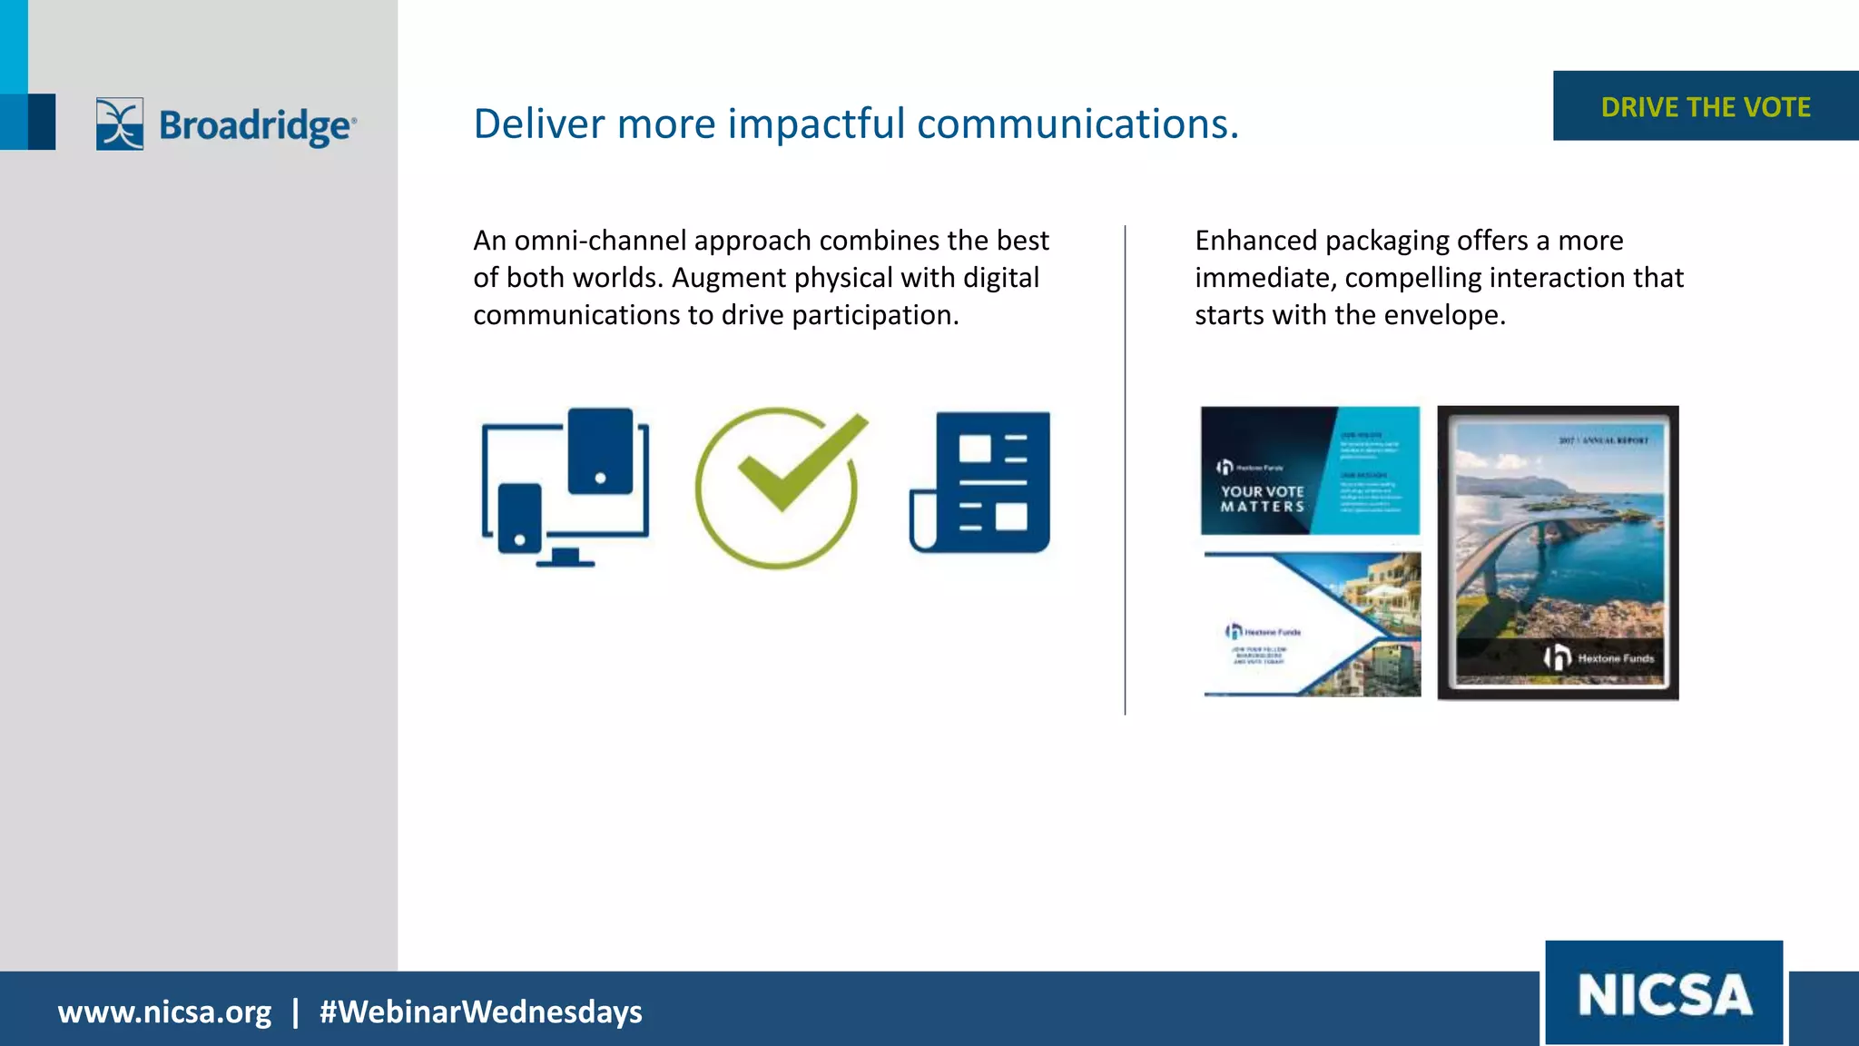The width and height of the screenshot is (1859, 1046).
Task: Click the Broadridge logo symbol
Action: (x=120, y=123)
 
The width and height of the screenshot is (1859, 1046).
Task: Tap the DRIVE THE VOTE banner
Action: (x=1705, y=107)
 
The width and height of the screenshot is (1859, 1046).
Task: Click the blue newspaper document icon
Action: (x=980, y=482)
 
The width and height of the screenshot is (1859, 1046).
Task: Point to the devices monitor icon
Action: (x=565, y=488)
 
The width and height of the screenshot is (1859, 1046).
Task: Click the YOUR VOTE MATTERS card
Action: (x=1309, y=470)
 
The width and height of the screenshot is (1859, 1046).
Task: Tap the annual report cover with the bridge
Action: (x=1558, y=552)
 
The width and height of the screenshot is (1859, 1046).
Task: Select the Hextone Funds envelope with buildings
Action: (x=1312, y=625)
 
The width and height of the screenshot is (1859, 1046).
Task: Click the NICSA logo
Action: (x=1664, y=993)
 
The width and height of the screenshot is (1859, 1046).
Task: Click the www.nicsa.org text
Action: (x=164, y=1011)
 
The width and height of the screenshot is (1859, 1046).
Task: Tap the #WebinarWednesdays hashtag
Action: (x=480, y=1011)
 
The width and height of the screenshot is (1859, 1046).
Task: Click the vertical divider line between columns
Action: (x=1125, y=469)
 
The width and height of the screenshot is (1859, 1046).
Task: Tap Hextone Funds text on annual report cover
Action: (x=1616, y=658)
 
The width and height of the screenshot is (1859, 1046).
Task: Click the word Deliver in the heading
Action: (x=538, y=123)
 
